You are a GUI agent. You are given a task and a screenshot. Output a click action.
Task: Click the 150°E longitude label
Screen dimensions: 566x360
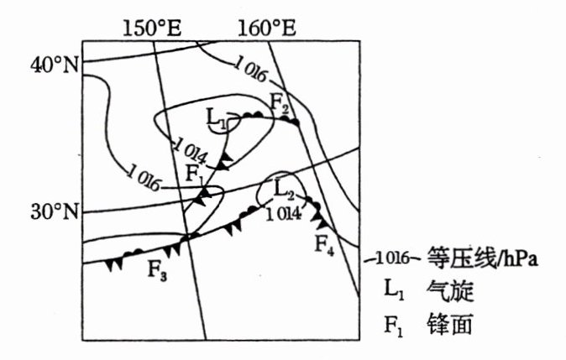pos(154,27)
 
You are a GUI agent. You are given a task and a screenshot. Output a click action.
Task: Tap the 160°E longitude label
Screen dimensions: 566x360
pos(267,27)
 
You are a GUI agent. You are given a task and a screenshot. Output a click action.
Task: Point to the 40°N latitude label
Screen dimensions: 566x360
pos(54,65)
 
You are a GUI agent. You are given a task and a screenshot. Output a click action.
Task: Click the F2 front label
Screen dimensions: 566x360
pos(280,105)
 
